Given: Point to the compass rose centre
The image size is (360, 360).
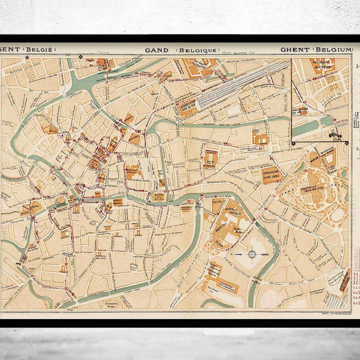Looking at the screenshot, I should pos(251,254).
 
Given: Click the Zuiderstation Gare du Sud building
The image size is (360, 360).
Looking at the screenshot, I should pos(187,109).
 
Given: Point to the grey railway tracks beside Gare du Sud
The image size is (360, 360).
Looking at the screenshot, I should pos(240,85).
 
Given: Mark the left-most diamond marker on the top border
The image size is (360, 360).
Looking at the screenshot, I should pos(28,57).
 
